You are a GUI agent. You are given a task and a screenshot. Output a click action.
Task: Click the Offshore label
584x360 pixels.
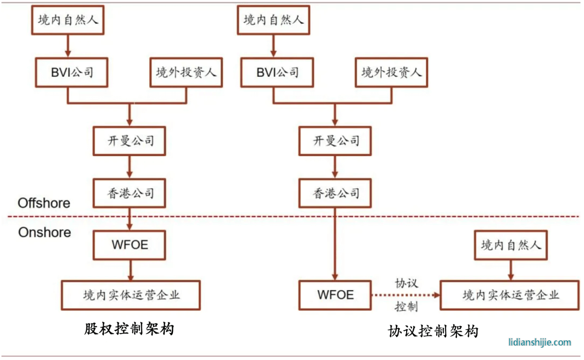tap(44, 203)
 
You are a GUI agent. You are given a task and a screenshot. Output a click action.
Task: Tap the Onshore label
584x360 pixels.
tap(44, 232)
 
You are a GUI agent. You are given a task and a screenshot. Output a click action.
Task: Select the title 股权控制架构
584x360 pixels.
tap(129, 328)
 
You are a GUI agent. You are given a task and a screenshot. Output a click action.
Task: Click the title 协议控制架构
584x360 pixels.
tap(433, 331)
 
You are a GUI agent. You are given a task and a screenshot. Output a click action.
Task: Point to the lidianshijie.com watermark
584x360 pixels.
tap(539, 342)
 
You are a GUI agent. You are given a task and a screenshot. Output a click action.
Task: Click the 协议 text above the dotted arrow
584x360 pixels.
tap(406, 283)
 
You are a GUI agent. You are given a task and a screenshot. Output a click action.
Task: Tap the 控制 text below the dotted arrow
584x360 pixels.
tap(406, 307)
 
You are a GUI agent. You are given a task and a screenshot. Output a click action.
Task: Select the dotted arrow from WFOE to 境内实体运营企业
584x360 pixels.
tap(406, 295)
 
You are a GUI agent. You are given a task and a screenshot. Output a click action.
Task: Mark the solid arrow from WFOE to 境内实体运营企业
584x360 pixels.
tap(131, 270)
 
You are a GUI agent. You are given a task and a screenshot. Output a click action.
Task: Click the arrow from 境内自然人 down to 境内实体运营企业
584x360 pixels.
tap(510, 270)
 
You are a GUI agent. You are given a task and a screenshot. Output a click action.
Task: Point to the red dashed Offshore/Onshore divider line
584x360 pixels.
tap(294, 216)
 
